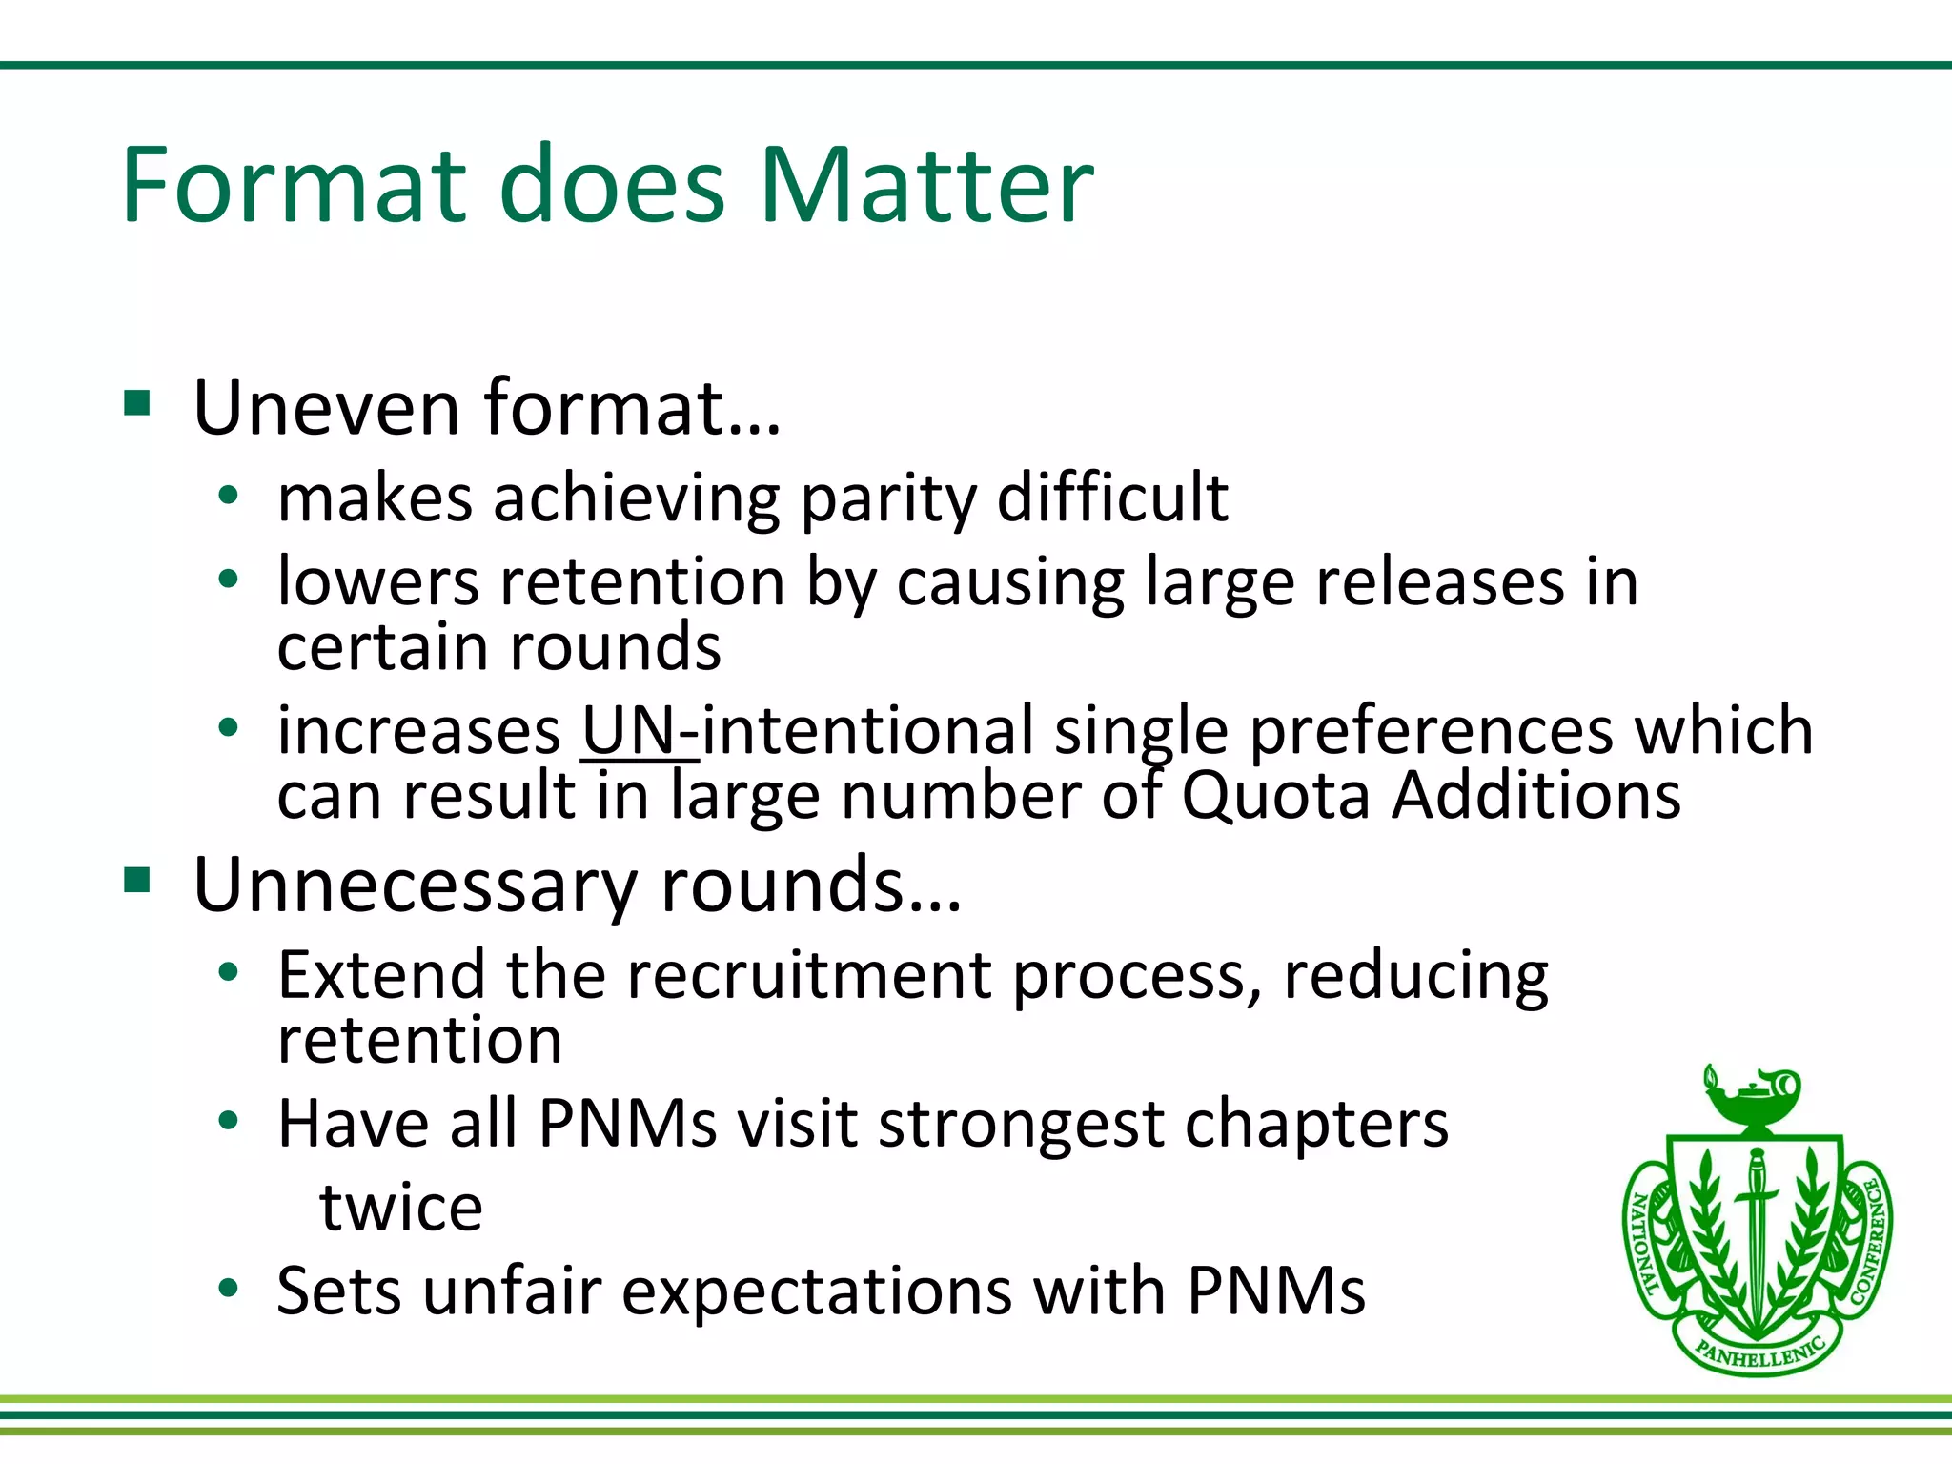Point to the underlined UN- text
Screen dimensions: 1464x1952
640,732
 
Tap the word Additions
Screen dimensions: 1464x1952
1535,795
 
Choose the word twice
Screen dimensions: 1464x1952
401,1208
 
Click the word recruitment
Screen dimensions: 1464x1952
809,976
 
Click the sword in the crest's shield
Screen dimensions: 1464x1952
1756,1230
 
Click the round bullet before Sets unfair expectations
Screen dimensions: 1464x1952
228,1289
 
